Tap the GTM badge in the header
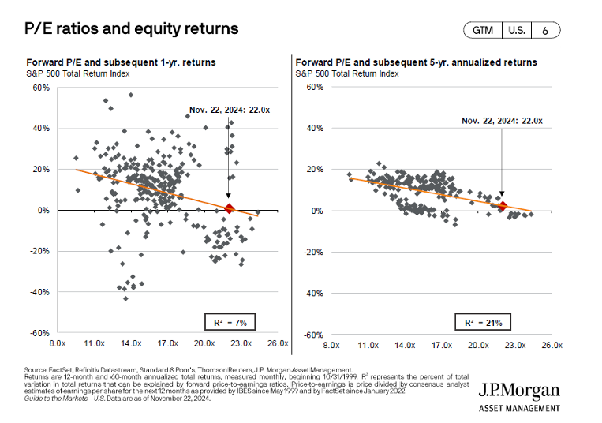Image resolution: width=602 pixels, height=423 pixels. [x=484, y=31]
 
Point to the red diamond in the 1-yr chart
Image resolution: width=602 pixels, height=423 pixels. [x=229, y=208]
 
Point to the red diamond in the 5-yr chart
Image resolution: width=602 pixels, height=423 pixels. [x=502, y=206]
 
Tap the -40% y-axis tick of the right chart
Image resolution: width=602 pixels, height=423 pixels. [x=314, y=293]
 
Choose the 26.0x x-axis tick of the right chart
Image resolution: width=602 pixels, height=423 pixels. [x=549, y=345]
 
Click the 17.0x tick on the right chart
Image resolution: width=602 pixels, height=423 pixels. [x=440, y=345]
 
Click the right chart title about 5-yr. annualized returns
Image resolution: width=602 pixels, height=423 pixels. [x=416, y=61]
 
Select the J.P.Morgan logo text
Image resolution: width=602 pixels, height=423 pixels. [x=519, y=391]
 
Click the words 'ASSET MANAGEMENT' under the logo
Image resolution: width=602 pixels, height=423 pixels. [x=519, y=408]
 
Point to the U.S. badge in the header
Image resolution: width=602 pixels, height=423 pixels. [x=515, y=31]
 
